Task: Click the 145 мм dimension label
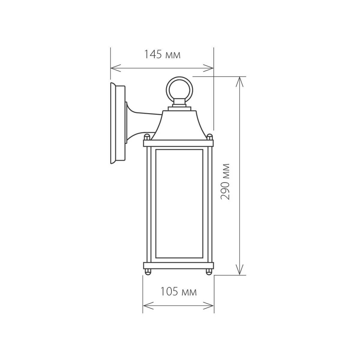coord(162,55)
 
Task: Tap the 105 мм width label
coord(178,291)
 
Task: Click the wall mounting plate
coord(118,123)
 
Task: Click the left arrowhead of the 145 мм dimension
coord(113,68)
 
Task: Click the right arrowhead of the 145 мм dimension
coord(211,68)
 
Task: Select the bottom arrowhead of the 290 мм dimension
coord(239,271)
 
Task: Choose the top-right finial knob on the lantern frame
coord(211,136)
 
